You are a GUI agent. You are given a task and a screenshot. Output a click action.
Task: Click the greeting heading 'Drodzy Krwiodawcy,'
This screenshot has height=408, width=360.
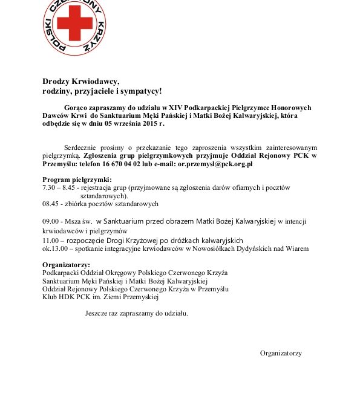click(x=82, y=81)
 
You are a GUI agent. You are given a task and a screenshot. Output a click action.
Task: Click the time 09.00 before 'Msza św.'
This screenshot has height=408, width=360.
click(x=50, y=220)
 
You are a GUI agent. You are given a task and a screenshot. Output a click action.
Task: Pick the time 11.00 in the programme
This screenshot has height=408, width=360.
click(x=50, y=240)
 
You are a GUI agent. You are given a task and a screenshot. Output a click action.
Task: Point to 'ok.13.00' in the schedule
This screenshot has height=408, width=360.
click(x=54, y=248)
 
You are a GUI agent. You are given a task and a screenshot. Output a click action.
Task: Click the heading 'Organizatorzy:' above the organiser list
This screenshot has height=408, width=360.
click(x=66, y=265)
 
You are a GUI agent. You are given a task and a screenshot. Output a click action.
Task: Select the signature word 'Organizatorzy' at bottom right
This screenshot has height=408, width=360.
click(x=281, y=353)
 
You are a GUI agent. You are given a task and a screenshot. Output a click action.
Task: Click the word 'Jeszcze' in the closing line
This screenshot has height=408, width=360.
click(x=97, y=314)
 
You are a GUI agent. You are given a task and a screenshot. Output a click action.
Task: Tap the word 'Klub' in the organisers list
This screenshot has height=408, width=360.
click(x=49, y=297)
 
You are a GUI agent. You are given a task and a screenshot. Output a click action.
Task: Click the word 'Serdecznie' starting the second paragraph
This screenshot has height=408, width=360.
click(x=81, y=147)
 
